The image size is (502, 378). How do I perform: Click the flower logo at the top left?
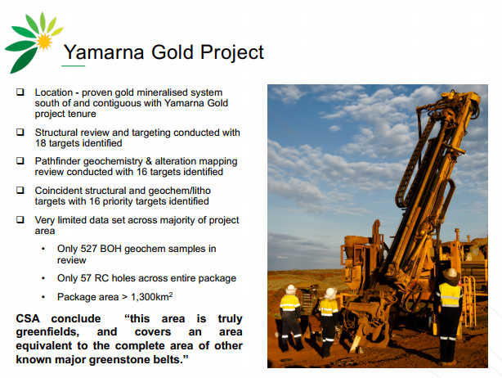pos(34,43)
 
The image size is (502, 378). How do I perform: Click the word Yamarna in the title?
pos(104,52)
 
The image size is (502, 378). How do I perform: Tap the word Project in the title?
pos(232,53)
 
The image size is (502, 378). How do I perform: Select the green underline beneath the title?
pos(74,66)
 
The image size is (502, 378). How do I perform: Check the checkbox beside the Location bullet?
pos(20,92)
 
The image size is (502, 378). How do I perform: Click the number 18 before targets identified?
pos(40,143)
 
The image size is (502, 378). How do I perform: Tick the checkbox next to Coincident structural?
pos(20,191)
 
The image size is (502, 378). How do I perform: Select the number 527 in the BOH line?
pos(88,249)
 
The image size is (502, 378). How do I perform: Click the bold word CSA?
pos(28,319)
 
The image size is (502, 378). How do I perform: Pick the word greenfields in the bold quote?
pos(47,332)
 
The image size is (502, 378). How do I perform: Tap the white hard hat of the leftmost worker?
pos(291,289)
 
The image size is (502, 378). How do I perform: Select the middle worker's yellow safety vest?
pos(329,307)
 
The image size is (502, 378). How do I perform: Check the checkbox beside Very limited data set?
pos(20,220)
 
